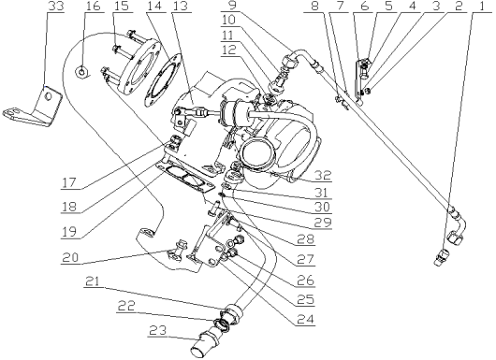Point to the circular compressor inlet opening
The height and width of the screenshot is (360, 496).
tap(261, 149)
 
